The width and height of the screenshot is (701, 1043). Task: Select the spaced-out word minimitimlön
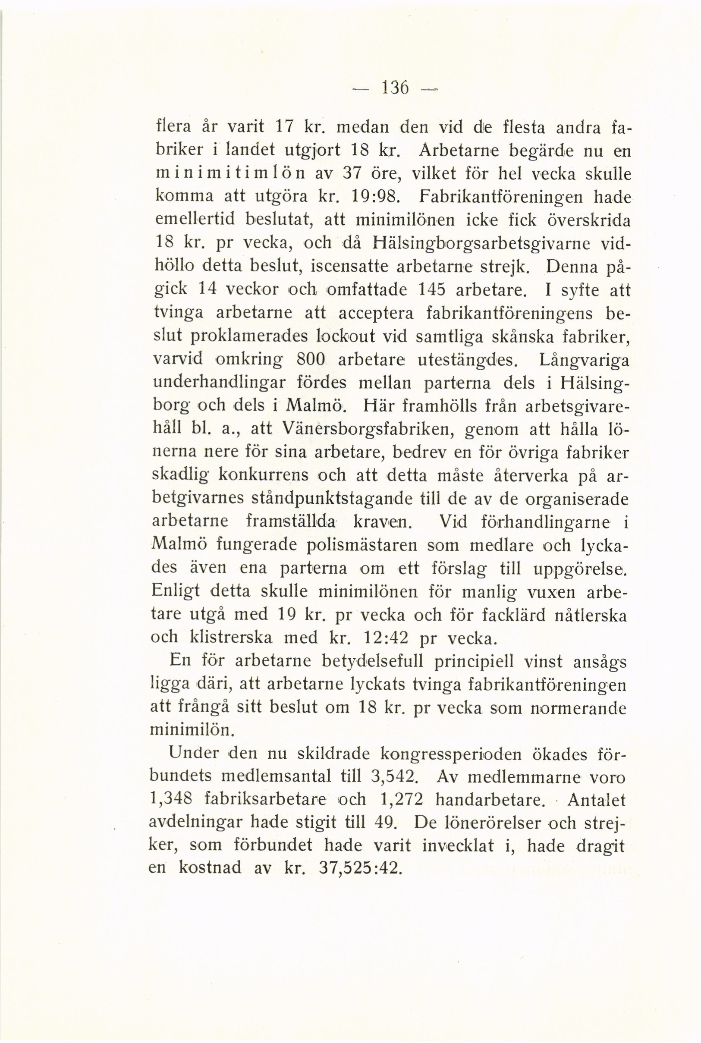230,174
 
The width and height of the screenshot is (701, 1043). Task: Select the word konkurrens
263,475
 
